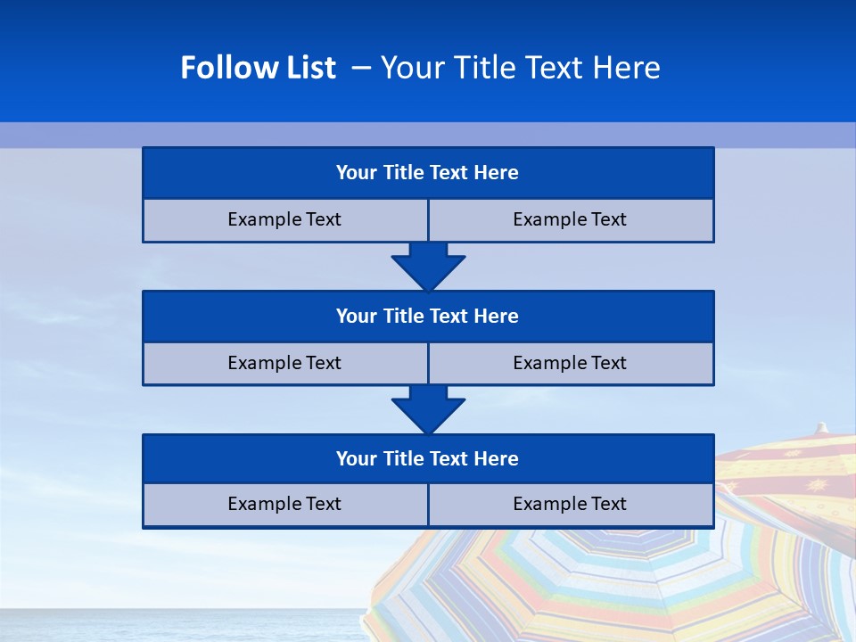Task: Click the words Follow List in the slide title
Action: pyautogui.click(x=258, y=68)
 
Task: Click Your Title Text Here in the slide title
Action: pyautogui.click(x=520, y=68)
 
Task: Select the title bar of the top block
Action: pyautogui.click(x=428, y=173)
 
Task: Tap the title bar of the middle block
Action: pyautogui.click(x=428, y=317)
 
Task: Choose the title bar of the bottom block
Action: pyautogui.click(x=428, y=459)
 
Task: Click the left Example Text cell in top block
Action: pyautogui.click(x=284, y=220)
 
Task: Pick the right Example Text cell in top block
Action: pyautogui.click(x=571, y=220)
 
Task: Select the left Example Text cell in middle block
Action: pyautogui.click(x=284, y=364)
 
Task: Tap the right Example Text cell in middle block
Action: pyautogui.click(x=571, y=364)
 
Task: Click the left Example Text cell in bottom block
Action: pyautogui.click(x=284, y=505)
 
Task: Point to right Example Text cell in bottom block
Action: pyautogui.click(x=571, y=505)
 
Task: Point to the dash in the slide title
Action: pyautogui.click(x=361, y=68)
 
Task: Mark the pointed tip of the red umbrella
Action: pyautogui.click(x=822, y=428)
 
